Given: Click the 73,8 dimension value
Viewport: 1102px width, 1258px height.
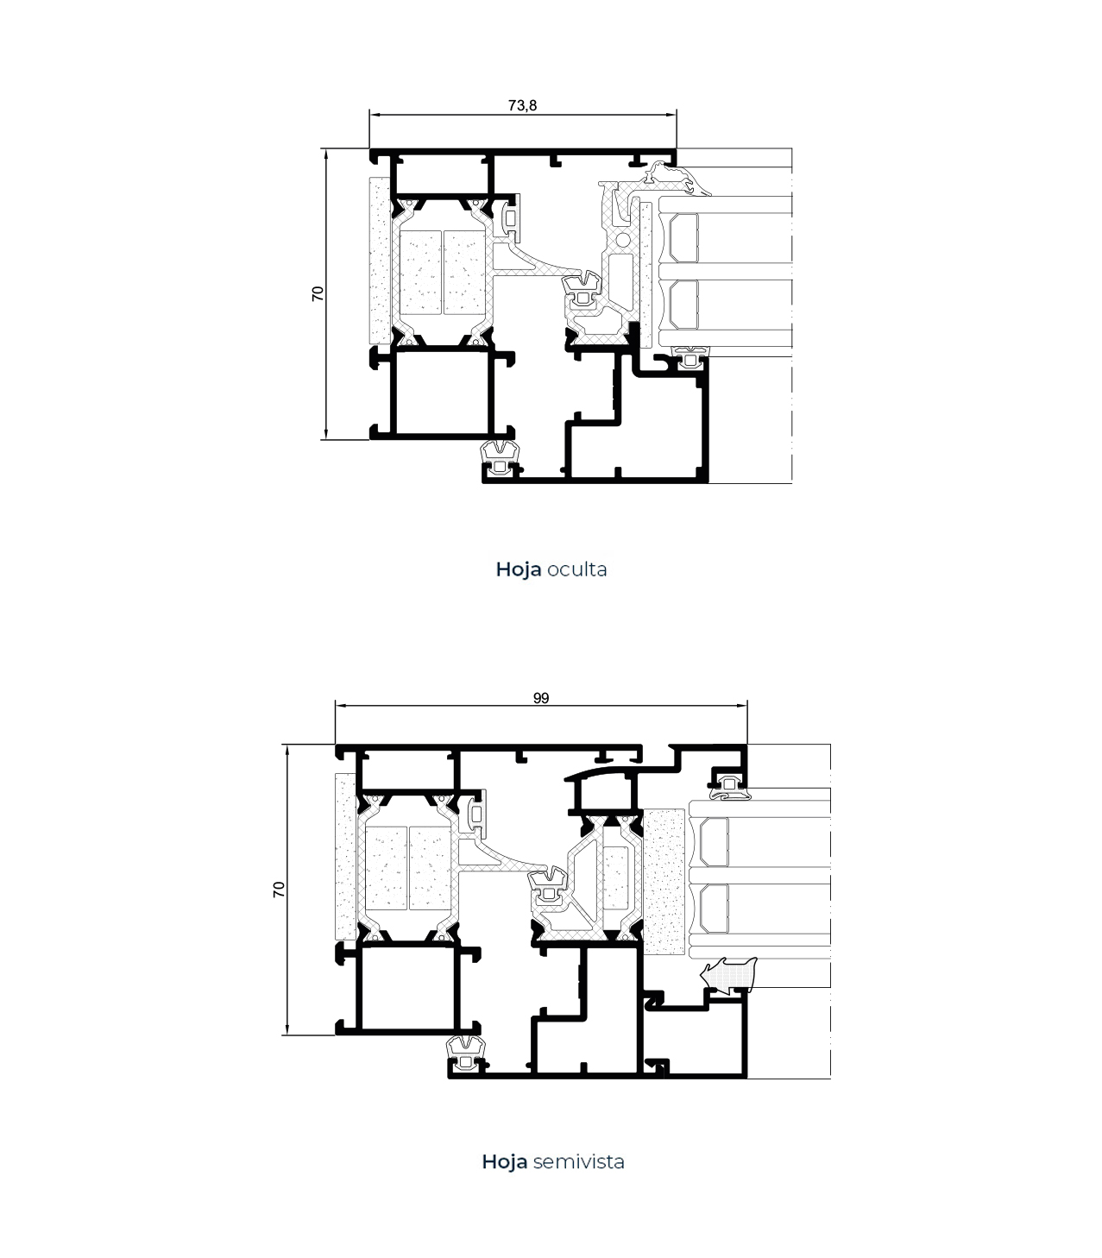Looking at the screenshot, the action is [522, 106].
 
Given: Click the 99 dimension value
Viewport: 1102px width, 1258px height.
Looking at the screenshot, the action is [541, 699].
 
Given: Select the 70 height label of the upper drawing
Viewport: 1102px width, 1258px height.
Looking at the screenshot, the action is [318, 294].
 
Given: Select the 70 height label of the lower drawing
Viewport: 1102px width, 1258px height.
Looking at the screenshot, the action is [279, 889].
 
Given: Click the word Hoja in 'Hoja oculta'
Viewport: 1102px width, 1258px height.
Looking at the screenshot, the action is [519, 570].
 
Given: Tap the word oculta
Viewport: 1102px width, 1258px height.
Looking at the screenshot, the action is [576, 570].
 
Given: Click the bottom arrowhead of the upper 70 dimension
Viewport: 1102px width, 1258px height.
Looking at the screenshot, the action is [326, 435].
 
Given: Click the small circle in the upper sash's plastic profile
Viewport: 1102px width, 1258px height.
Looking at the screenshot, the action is [623, 236].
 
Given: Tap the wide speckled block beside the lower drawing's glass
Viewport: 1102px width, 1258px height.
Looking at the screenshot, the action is [664, 883].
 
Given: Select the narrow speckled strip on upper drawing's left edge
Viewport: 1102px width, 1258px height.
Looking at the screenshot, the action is [380, 261].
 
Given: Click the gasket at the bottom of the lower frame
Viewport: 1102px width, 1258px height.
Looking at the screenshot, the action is [467, 1054].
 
